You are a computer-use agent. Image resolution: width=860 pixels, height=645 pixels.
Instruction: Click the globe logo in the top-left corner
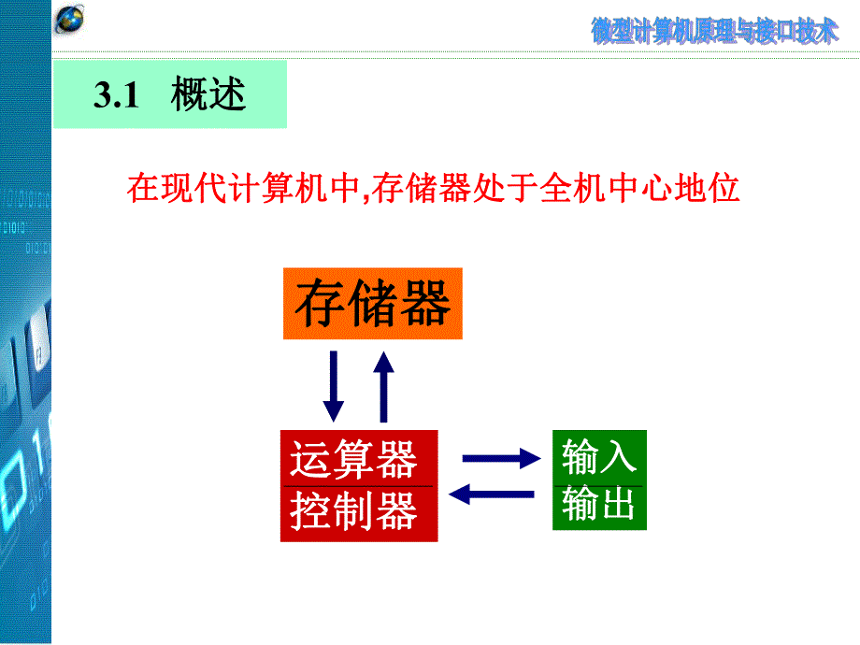[70, 20]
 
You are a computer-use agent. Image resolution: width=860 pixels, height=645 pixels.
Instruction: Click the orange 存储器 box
[372, 304]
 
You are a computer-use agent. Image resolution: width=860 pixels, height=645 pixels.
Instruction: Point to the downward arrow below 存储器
[333, 385]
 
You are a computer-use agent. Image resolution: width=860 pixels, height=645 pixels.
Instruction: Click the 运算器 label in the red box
[352, 460]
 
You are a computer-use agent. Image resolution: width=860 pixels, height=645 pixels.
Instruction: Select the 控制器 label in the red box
[352, 511]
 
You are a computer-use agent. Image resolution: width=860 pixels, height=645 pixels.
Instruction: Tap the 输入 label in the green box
[598, 456]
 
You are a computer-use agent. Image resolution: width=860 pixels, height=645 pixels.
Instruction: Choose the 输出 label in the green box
[598, 505]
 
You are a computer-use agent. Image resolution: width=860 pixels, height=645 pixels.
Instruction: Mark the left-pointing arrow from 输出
[493, 494]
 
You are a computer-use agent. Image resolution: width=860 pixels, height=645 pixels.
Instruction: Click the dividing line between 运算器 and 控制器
[358, 486]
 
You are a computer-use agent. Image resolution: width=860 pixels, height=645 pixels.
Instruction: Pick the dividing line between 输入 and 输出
[598, 484]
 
